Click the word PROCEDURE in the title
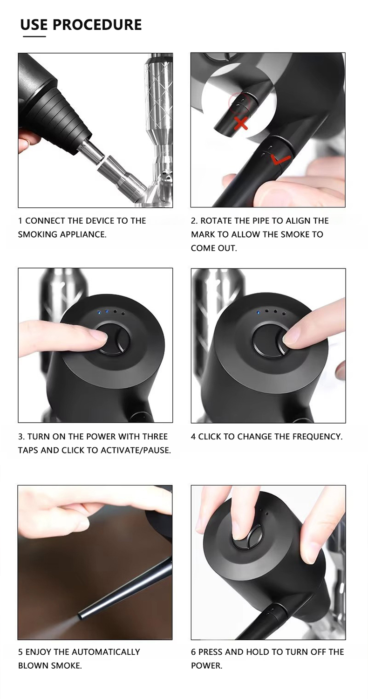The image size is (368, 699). tap(97, 25)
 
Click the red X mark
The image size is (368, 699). tap(241, 123)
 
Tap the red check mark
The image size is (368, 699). tap(280, 159)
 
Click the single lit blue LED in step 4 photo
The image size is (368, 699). tap(258, 312)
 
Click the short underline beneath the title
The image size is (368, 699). tap(34, 36)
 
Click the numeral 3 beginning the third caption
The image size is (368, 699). tap(20, 437)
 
